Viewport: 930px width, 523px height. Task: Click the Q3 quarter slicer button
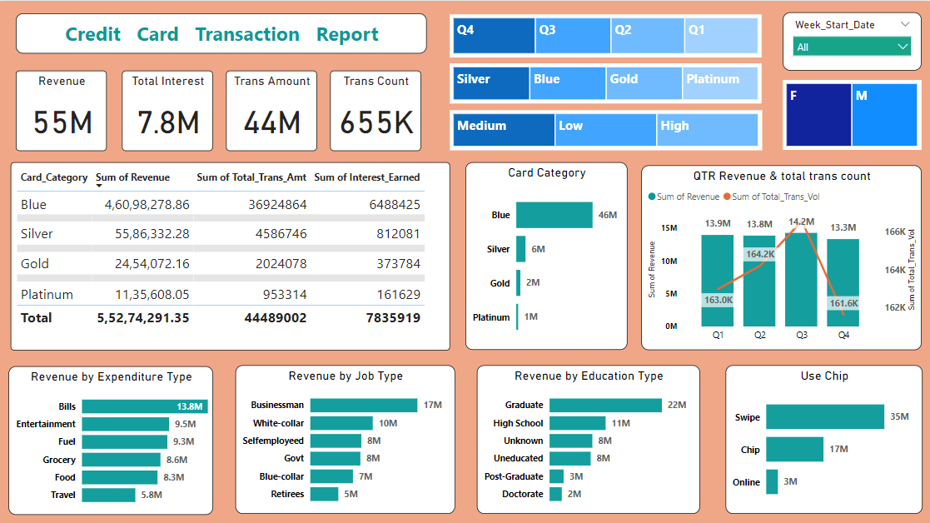click(573, 35)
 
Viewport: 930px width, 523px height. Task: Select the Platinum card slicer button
click(721, 83)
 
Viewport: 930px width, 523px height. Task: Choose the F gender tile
click(817, 115)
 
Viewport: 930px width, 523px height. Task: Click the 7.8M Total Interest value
click(168, 123)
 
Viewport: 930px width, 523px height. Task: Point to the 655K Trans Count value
click(376, 123)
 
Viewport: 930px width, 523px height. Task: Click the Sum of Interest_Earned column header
click(366, 177)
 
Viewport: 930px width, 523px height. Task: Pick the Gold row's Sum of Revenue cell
click(143, 264)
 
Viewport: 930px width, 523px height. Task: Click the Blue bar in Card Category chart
click(554, 215)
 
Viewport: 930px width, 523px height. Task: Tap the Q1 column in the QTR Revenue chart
click(718, 281)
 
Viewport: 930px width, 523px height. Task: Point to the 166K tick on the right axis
click(895, 232)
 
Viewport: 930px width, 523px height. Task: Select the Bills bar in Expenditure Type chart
click(145, 406)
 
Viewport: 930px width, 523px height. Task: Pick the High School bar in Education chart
click(577, 423)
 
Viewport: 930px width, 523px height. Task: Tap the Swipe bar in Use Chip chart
click(824, 416)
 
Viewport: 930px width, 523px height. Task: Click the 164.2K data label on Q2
click(760, 254)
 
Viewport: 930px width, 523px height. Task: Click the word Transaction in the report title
click(247, 34)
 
